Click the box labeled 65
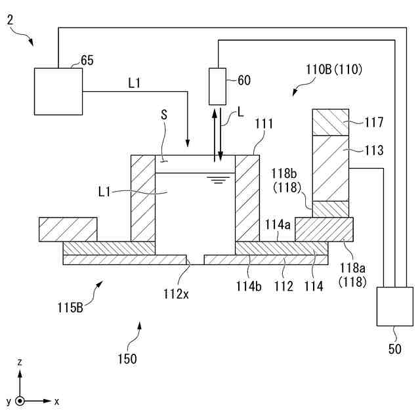58,91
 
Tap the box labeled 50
395,306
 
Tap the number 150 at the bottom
127,359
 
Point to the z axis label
20,362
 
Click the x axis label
57,401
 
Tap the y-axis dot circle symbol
20,400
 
